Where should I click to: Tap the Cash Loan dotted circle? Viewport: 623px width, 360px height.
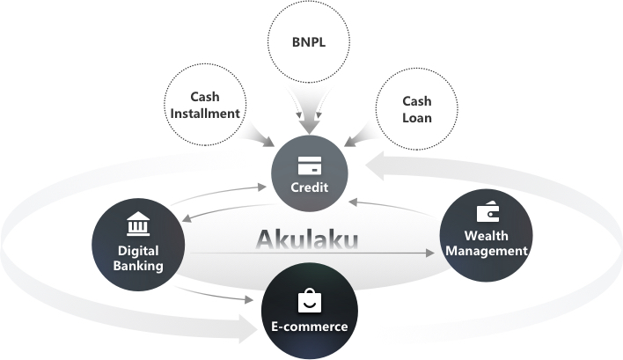[416, 107]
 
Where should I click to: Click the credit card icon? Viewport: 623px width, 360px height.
[308, 165]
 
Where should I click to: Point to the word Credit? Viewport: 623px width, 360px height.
[309, 188]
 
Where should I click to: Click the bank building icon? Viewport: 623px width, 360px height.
[138, 224]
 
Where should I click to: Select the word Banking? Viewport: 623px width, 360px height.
[138, 265]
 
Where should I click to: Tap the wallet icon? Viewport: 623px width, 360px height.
[487, 213]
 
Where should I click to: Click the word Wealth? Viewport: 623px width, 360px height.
[487, 236]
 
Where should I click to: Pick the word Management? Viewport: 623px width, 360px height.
[487, 251]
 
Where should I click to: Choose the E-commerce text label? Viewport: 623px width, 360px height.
[309, 327]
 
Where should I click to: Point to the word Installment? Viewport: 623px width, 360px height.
[203, 114]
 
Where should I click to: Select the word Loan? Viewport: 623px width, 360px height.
[416, 116]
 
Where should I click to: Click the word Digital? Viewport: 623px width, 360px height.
[138, 250]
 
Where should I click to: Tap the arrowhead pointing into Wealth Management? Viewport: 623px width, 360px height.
[430, 253]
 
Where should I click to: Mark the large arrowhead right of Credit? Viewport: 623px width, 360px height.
[381, 164]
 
